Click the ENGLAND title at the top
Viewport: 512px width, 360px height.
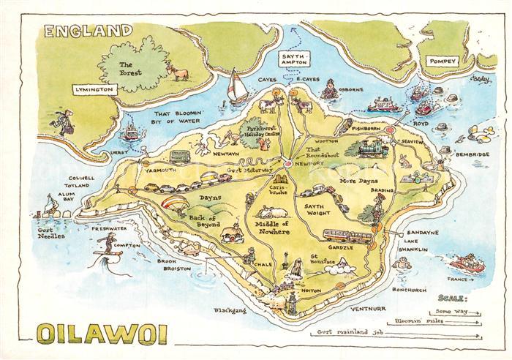(x=87, y=31)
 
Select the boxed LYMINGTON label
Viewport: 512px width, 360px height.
(x=94, y=89)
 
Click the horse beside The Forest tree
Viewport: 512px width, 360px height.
(x=178, y=71)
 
